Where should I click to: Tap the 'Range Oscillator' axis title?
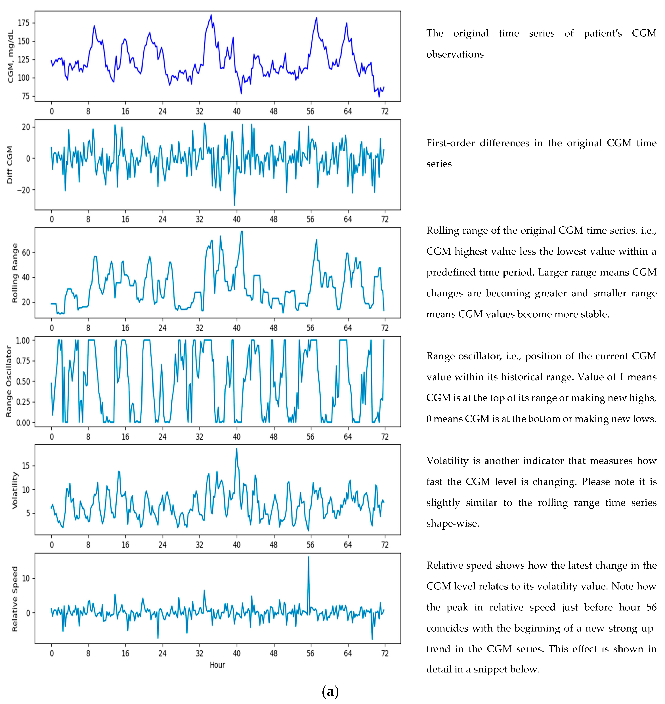click(x=9, y=381)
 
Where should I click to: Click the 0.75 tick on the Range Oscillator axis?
click(x=23, y=361)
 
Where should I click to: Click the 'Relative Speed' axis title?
click(x=14, y=599)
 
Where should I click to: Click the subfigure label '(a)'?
click(x=330, y=691)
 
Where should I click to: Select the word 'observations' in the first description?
click(x=455, y=54)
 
